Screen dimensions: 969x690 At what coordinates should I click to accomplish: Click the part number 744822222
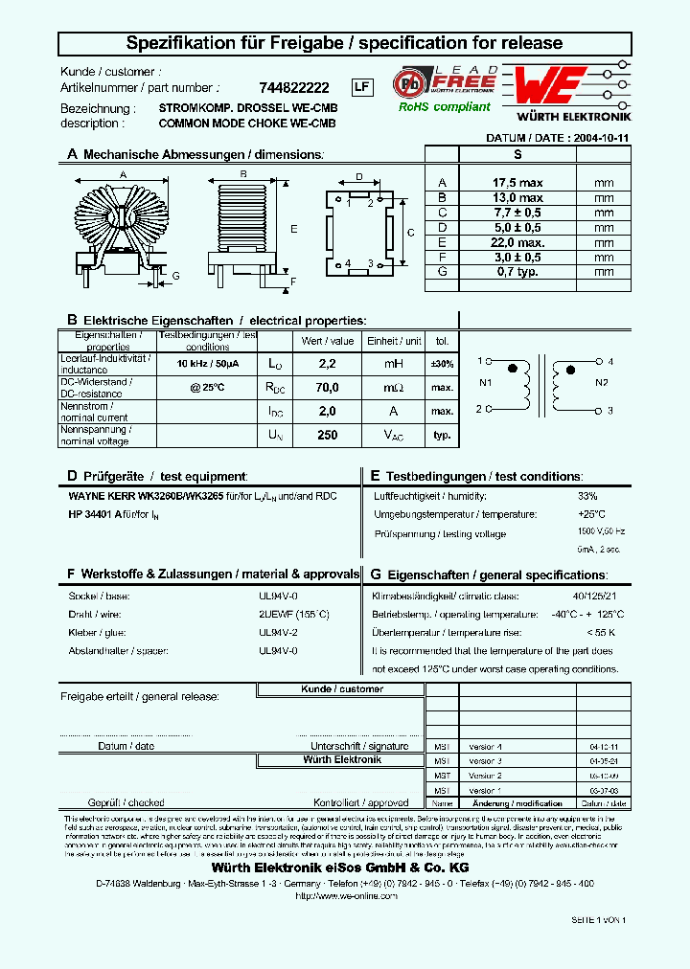pyautogui.click(x=293, y=87)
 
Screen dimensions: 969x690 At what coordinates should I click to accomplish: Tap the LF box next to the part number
pyautogui.click(x=361, y=87)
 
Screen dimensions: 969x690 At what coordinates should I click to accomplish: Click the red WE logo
pyautogui.click(x=546, y=87)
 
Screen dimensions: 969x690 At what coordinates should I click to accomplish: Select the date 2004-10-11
pyautogui.click(x=599, y=138)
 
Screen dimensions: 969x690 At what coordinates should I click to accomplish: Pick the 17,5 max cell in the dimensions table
pyautogui.click(x=517, y=183)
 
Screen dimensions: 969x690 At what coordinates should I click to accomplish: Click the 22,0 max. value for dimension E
pyautogui.click(x=517, y=242)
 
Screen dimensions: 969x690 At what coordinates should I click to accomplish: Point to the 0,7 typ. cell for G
pyautogui.click(x=517, y=271)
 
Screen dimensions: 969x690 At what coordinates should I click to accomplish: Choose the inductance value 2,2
pyautogui.click(x=327, y=364)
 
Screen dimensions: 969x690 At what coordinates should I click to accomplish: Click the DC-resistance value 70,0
pyautogui.click(x=327, y=388)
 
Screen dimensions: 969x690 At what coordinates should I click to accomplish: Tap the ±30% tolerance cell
pyautogui.click(x=442, y=364)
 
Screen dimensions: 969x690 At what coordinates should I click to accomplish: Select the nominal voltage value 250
pyautogui.click(x=327, y=435)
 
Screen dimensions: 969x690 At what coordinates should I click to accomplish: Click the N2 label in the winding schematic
pyautogui.click(x=602, y=383)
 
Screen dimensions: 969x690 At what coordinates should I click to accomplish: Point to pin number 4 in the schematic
pyautogui.click(x=609, y=362)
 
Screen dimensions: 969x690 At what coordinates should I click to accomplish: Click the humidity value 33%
pyautogui.click(x=587, y=496)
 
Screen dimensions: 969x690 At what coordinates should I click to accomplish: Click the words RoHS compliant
pyautogui.click(x=445, y=107)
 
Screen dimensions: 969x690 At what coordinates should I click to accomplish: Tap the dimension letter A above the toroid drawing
pyautogui.click(x=122, y=174)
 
